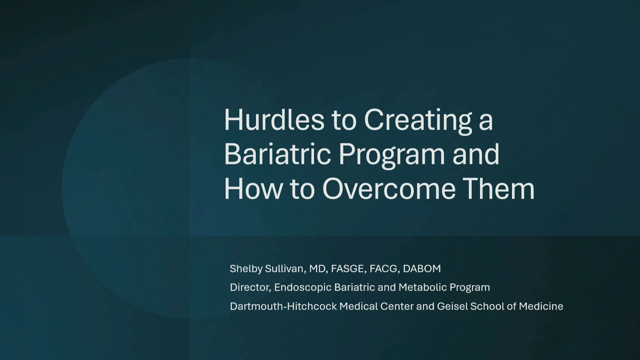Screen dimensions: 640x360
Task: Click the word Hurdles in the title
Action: click(x=274, y=120)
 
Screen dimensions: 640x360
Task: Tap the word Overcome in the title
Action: click(x=389, y=189)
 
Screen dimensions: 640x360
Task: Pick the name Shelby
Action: click(x=246, y=269)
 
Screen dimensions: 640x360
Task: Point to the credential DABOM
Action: click(x=422, y=269)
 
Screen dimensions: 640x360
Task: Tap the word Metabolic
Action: click(x=423, y=287)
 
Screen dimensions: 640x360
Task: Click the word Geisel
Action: click(x=452, y=306)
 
